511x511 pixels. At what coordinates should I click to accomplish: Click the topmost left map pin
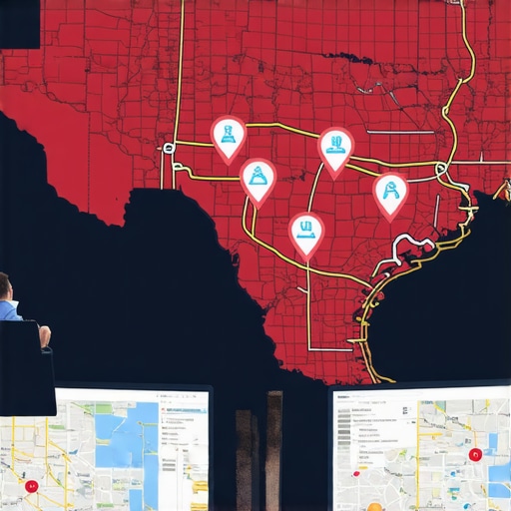(229, 136)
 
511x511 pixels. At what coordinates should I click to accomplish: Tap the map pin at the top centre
(335, 148)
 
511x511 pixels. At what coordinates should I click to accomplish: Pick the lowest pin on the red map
(306, 233)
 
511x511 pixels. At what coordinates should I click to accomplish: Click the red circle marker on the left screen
(32, 486)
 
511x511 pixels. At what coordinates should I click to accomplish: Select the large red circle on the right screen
(474, 455)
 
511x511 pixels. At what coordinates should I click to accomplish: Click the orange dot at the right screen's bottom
(374, 505)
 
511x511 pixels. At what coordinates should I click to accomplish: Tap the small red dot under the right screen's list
(357, 465)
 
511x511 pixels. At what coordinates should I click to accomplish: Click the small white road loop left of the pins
(169, 149)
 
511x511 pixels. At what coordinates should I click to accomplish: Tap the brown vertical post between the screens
(274, 449)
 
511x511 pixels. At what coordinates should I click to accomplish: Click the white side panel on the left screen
(185, 449)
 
